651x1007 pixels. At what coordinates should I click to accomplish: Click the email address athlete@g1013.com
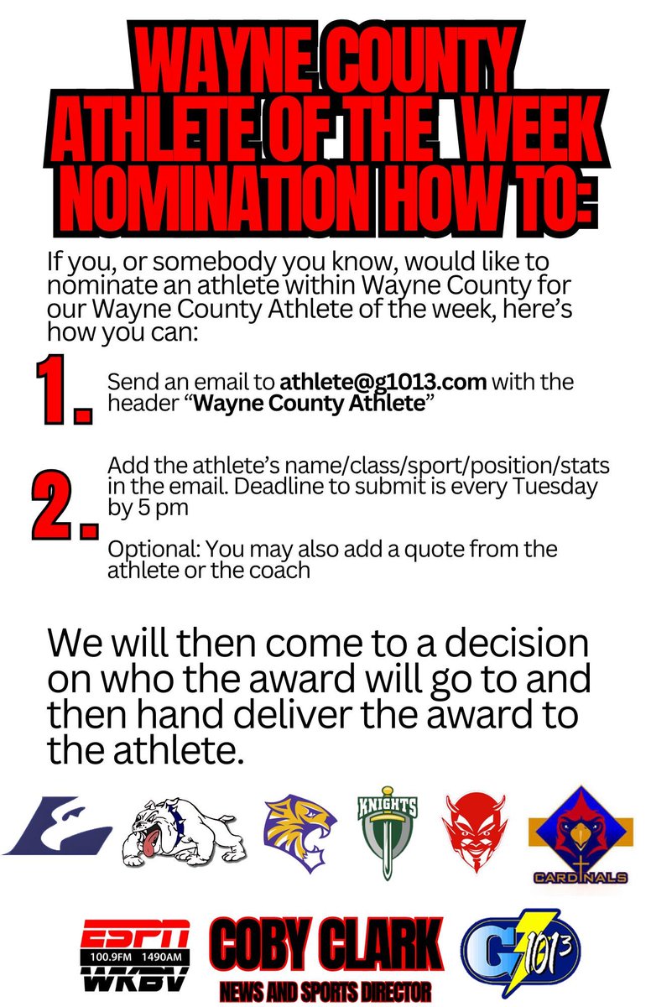383,382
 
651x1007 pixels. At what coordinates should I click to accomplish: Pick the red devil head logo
475,831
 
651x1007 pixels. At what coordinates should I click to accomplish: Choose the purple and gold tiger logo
300,831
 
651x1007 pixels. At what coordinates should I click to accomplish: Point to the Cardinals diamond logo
579,835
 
